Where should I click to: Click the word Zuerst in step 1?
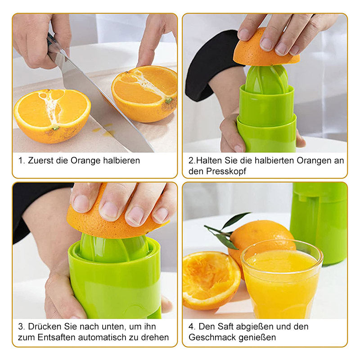(x=40, y=161)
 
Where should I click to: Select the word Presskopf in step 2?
(x=226, y=171)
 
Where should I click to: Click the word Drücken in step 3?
(x=45, y=327)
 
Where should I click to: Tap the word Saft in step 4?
(x=228, y=327)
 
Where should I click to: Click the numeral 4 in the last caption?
(x=191, y=327)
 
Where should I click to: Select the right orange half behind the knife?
(x=144, y=93)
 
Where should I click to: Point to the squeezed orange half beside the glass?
(x=211, y=280)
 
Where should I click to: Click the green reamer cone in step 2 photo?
(x=266, y=79)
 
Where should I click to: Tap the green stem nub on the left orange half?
(x=55, y=128)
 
